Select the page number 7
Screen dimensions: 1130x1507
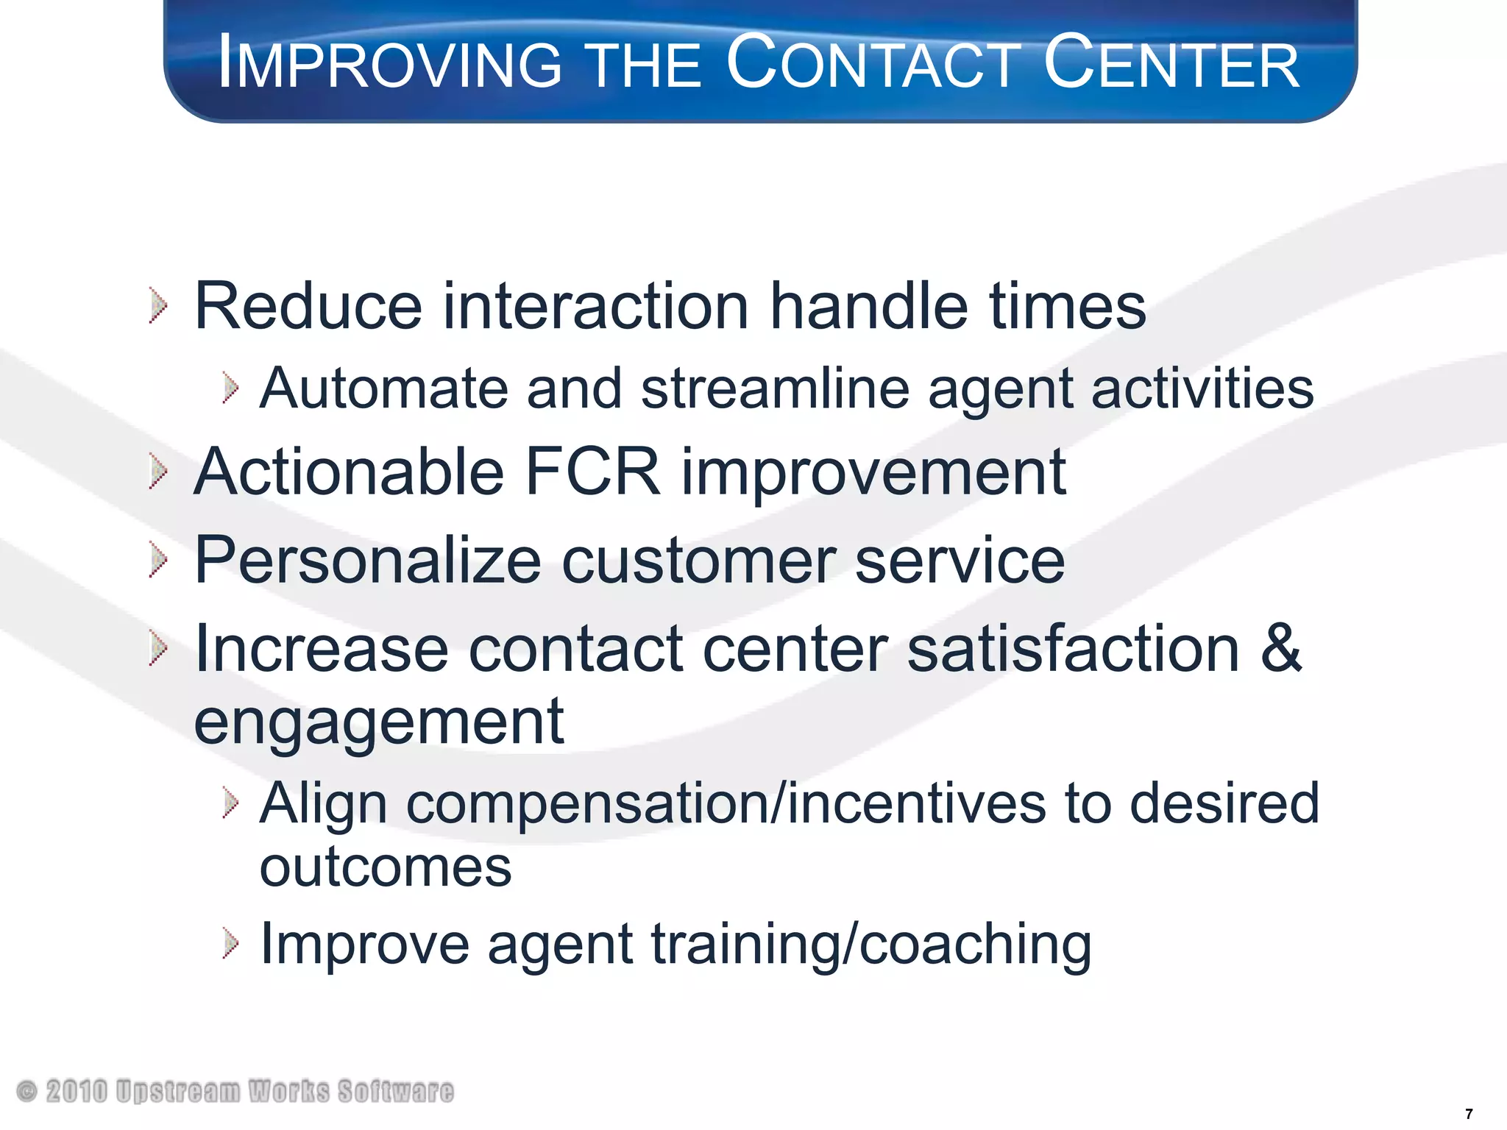click(x=1469, y=1114)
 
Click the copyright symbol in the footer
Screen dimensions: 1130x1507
click(x=26, y=1091)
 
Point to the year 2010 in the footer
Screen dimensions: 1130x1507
click(x=77, y=1091)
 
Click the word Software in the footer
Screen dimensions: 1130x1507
click(x=396, y=1091)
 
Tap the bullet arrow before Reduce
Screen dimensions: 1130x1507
click(x=157, y=305)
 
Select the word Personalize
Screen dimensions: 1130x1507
click(x=368, y=561)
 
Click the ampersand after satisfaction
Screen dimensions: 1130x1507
click(x=1280, y=647)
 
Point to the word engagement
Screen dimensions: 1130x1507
click(x=379, y=722)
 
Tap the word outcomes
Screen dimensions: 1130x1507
click(x=386, y=867)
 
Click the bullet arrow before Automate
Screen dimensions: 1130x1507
click(x=230, y=388)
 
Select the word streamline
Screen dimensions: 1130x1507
click(x=776, y=388)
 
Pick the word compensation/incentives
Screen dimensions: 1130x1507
click(x=726, y=803)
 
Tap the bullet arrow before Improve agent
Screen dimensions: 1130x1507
click(x=230, y=944)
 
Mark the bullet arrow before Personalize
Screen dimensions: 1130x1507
click(x=157, y=561)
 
